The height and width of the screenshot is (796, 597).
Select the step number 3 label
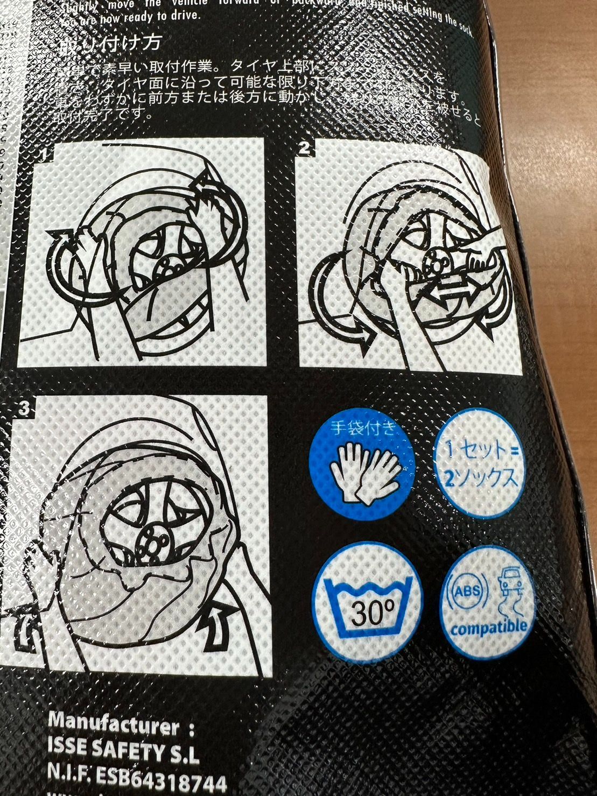coord(24,408)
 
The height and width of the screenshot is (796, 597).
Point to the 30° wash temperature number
coord(370,612)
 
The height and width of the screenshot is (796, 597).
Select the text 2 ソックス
coord(480,476)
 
